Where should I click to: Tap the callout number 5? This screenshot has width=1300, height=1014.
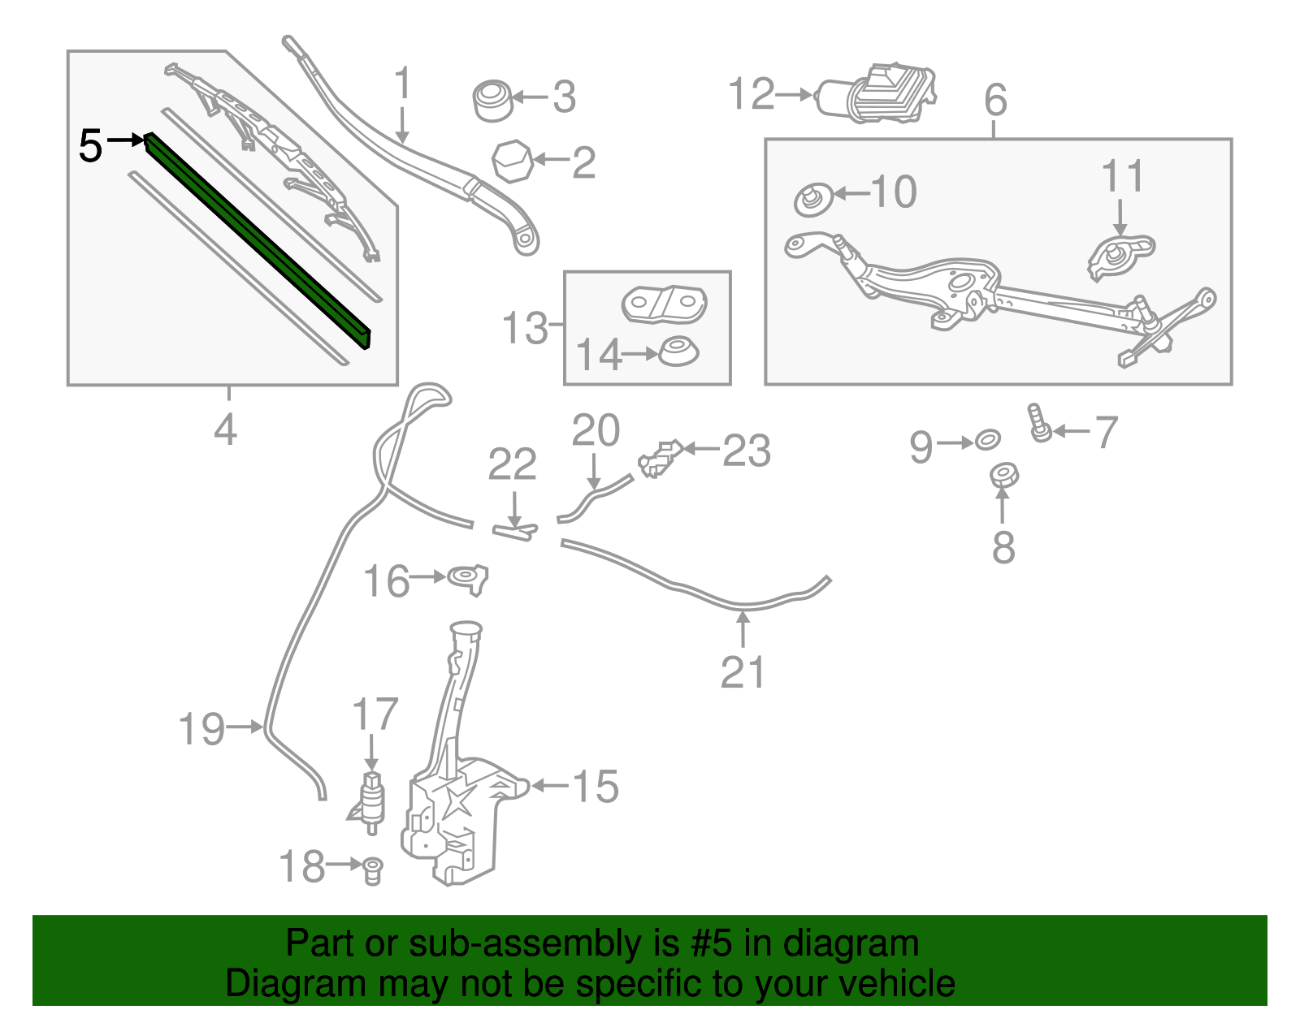(90, 146)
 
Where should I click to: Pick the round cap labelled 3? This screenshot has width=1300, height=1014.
(492, 100)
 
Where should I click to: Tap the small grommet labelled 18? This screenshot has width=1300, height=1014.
(372, 869)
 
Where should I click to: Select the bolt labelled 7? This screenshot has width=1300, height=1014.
(1040, 424)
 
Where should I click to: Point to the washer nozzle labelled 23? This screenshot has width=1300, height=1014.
(660, 459)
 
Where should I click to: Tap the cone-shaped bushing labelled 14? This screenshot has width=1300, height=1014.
(678, 352)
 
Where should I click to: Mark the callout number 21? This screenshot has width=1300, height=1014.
(743, 672)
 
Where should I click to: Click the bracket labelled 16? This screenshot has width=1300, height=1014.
(469, 579)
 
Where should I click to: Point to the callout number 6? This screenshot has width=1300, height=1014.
(995, 101)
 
